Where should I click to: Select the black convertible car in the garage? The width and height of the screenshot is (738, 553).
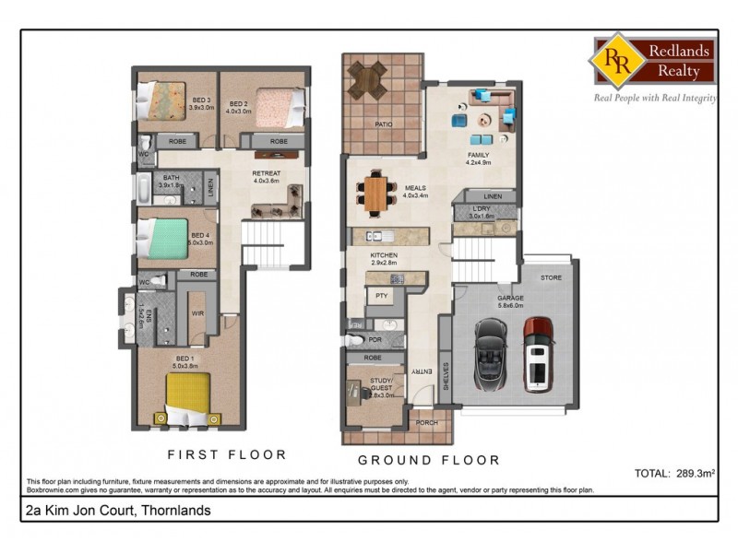(x=488, y=355)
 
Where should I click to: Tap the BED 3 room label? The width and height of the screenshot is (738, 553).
(x=202, y=103)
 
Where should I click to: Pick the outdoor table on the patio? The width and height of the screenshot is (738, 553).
(x=371, y=81)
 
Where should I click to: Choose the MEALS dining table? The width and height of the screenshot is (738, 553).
(x=376, y=192)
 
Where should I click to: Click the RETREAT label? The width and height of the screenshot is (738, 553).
(x=267, y=173)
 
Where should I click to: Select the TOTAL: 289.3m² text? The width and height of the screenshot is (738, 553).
(x=676, y=473)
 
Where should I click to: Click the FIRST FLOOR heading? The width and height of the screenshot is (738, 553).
(x=226, y=454)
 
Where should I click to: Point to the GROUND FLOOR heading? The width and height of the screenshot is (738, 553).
(x=429, y=460)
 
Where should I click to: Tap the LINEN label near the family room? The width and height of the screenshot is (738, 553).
(x=492, y=196)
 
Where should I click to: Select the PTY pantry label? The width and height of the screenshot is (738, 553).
(x=380, y=296)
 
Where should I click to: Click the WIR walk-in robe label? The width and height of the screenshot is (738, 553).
(x=196, y=313)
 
